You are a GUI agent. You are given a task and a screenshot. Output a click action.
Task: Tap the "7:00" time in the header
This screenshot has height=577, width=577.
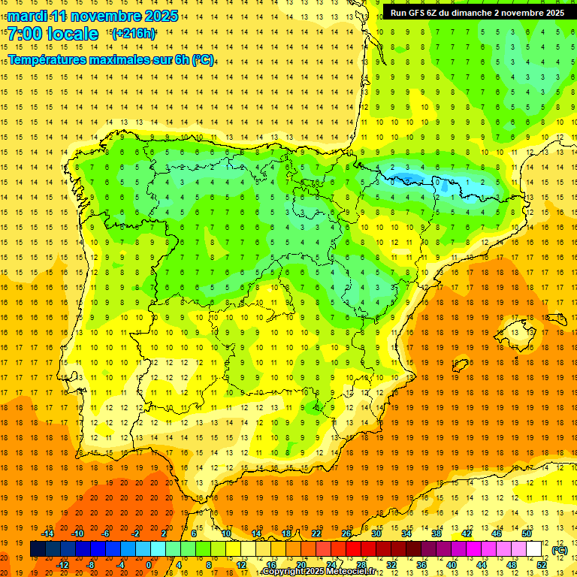pos(29,34)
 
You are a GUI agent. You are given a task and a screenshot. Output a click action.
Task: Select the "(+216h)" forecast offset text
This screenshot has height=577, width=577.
pos(134,34)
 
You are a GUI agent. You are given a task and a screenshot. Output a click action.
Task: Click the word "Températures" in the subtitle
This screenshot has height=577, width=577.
pos(47,59)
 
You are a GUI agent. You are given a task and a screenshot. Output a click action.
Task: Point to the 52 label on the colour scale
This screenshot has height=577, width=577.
pos(542,565)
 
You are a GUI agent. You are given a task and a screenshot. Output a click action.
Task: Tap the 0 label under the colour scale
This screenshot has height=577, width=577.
pos(149,565)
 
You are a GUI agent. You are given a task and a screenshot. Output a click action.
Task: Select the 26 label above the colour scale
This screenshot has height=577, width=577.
pos(346,533)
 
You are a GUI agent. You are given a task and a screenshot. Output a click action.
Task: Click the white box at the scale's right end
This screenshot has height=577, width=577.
pos(534,549)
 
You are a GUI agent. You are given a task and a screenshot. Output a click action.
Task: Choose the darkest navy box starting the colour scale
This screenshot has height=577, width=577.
pos(38,549)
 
